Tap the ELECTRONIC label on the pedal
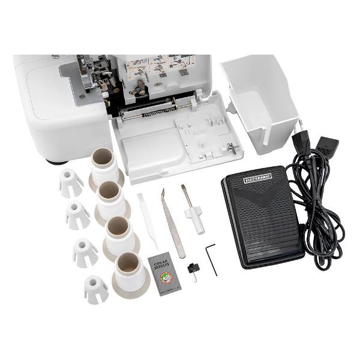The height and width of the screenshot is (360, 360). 257,178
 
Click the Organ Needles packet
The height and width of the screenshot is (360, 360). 161,274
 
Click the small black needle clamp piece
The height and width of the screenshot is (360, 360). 193,269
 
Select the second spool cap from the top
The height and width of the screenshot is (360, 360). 77,215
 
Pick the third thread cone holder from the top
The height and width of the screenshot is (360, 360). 121,236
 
